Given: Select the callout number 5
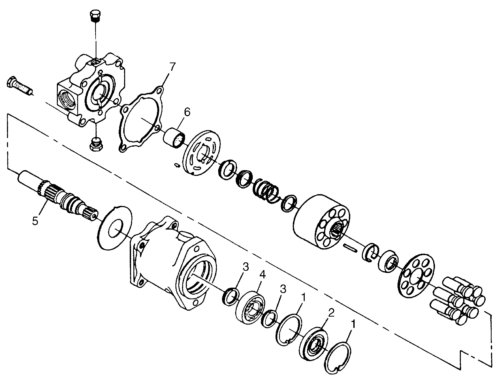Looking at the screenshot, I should (x=35, y=221).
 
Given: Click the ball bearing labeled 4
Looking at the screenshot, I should (x=250, y=307).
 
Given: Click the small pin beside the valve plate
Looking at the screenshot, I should (x=177, y=165).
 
